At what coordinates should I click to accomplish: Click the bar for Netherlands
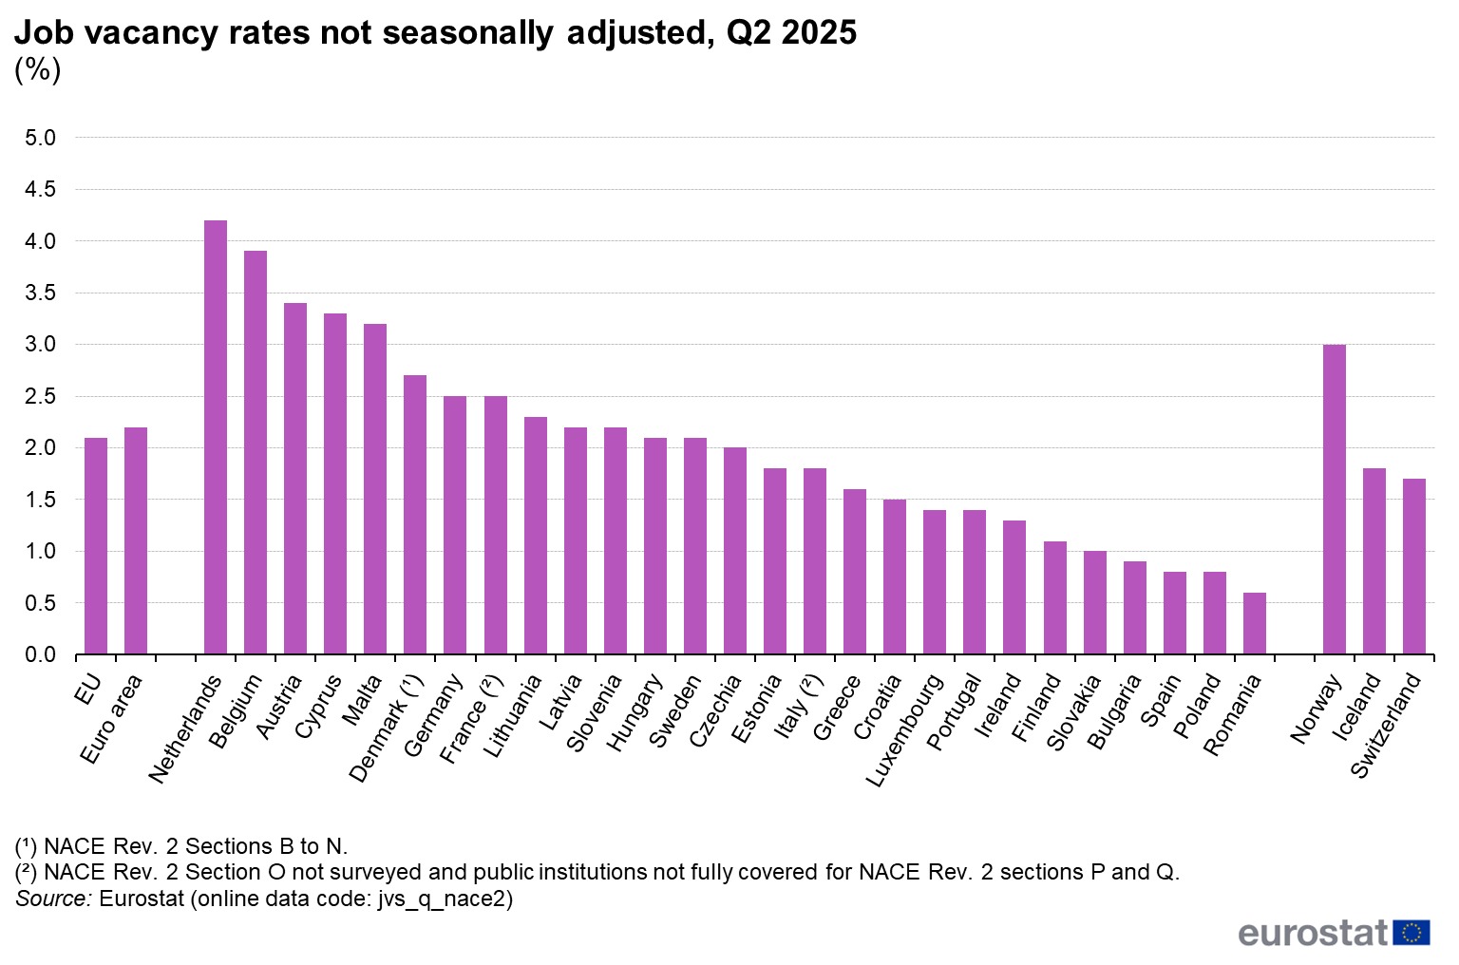tap(216, 437)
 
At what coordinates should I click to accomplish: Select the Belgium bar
tap(256, 452)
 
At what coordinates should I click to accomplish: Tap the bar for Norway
tap(1334, 500)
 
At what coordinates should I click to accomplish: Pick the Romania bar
tap(1254, 623)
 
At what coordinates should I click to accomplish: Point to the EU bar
tap(96, 546)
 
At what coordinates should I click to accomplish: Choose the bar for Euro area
tap(136, 540)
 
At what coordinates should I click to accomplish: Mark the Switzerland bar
tap(1413, 566)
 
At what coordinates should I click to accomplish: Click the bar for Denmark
tap(415, 515)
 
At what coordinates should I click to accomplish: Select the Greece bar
tap(855, 572)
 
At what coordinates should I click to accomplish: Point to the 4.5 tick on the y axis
tap(40, 190)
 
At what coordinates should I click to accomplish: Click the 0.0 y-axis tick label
tap(40, 655)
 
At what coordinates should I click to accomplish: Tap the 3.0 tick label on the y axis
tap(40, 345)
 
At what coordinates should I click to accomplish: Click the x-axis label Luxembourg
tap(905, 730)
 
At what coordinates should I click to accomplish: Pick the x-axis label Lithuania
tap(513, 716)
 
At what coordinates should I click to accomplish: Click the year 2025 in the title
tap(819, 33)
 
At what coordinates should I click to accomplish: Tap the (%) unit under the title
tap(38, 69)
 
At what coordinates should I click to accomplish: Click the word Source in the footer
tap(53, 899)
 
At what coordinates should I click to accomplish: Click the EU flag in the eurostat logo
tap(1412, 933)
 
